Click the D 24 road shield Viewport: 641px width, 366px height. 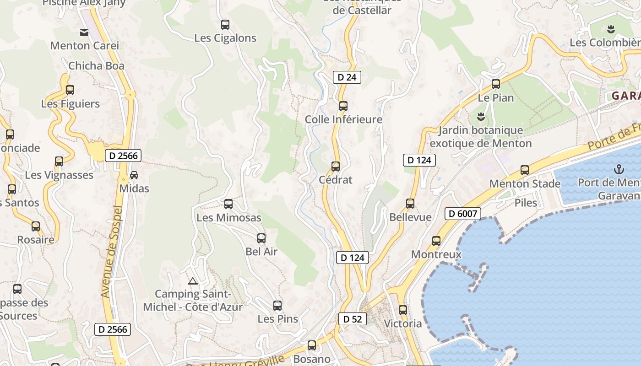[347, 77]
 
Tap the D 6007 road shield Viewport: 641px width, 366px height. [463, 213]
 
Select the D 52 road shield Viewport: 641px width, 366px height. [353, 319]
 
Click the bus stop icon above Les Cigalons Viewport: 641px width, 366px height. [225, 25]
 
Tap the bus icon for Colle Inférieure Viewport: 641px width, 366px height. [343, 106]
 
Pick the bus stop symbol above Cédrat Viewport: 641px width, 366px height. [336, 167]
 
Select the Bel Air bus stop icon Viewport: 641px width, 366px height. [261, 238]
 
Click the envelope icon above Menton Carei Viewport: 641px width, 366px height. [84, 32]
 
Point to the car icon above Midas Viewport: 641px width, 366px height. [134, 175]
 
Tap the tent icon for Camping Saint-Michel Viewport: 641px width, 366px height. [193, 281]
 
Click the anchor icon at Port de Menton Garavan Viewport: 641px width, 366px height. [619, 170]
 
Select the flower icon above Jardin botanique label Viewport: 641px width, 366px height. [481, 117]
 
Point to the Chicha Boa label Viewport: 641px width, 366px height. [96, 66]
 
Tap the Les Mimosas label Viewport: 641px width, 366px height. [229, 218]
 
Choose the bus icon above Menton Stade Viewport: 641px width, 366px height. [525, 171]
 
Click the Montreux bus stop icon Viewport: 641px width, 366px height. [436, 241]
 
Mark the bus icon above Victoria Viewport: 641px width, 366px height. [403, 310]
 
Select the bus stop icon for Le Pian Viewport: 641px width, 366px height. [496, 84]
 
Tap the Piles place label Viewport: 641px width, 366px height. [526, 203]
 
